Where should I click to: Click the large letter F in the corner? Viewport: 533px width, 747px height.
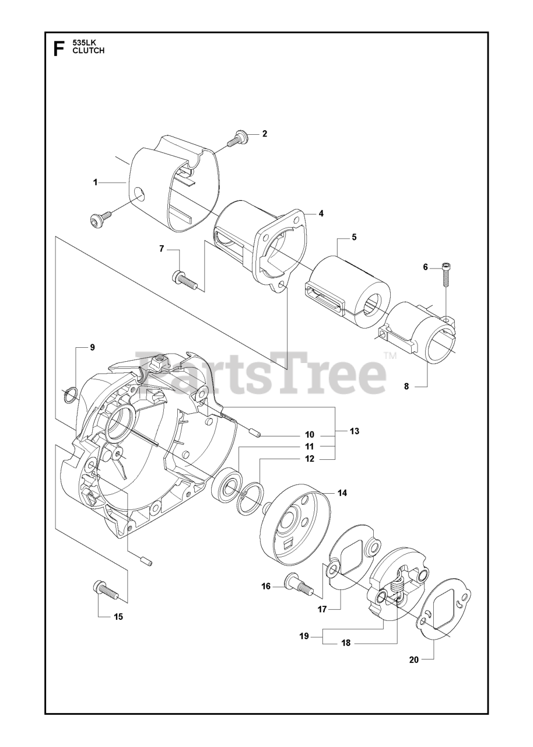pyautogui.click(x=58, y=48)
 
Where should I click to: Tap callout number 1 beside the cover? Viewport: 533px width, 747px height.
pyautogui.click(x=95, y=183)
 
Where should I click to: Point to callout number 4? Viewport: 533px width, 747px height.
pyautogui.click(x=321, y=214)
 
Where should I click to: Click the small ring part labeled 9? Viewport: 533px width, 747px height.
pyautogui.click(x=69, y=395)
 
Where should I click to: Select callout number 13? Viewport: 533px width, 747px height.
pyautogui.click(x=354, y=431)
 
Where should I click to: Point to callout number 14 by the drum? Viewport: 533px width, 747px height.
pyautogui.click(x=342, y=493)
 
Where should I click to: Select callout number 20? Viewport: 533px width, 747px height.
pyautogui.click(x=414, y=659)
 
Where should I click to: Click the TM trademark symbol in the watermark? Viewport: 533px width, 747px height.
pyautogui.click(x=390, y=355)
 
